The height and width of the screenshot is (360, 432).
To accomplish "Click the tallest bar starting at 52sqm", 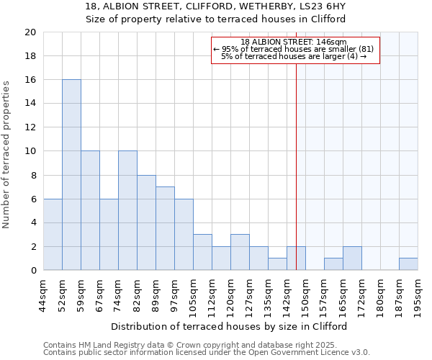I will (x=71, y=175).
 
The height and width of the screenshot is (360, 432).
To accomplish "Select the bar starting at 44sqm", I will (x=53, y=235).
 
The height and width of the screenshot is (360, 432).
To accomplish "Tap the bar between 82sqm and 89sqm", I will (x=146, y=222).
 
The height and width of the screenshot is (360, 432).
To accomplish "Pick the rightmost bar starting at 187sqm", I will (x=408, y=264).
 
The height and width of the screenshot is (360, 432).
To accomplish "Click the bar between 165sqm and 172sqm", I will (x=352, y=258).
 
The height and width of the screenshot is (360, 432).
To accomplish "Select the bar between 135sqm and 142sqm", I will (x=277, y=264).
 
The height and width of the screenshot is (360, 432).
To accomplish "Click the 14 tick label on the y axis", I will (x=31, y=104).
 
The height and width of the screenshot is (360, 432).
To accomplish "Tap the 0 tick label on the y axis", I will (x=33, y=271).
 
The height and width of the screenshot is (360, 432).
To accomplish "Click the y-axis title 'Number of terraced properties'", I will (x=6, y=154).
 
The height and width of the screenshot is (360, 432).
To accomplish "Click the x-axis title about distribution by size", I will (x=230, y=326).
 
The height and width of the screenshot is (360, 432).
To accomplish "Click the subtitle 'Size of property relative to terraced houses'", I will (x=216, y=19).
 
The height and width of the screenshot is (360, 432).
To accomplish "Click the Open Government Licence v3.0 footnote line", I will (x=207, y=353).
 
